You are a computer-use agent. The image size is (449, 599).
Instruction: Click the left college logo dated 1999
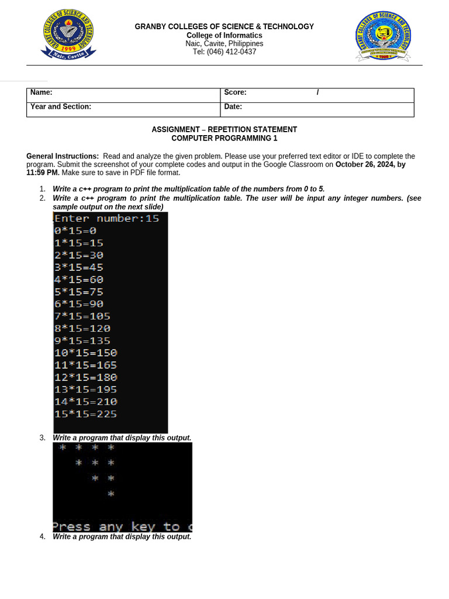[x=68, y=35]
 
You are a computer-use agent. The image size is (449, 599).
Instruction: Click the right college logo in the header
[x=383, y=36]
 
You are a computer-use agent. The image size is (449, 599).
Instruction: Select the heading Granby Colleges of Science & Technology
[x=224, y=26]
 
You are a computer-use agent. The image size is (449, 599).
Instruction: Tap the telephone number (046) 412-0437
[x=224, y=52]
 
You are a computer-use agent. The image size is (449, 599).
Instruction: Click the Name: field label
[x=42, y=92]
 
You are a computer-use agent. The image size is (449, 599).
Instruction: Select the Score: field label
[x=235, y=92]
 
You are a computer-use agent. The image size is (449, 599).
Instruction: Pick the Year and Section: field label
[x=61, y=106]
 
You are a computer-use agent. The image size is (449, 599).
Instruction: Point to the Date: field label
[x=233, y=106]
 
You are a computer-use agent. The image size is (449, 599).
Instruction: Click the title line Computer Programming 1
[x=224, y=138]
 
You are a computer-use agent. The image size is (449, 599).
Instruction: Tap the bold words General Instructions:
[x=63, y=156]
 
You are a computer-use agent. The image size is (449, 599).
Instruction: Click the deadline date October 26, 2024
[x=365, y=164]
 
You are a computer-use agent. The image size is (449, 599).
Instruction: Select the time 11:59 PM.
[x=43, y=173]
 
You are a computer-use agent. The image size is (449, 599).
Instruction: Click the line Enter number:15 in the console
[x=106, y=219]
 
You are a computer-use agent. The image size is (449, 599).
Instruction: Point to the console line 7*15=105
[x=82, y=316]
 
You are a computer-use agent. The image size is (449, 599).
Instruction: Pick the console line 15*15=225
[x=85, y=414]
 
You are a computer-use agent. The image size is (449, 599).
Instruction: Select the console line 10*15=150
[x=85, y=353]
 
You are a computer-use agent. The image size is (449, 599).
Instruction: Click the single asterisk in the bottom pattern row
[x=111, y=494]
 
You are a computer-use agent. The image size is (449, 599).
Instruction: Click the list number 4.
[x=42, y=536]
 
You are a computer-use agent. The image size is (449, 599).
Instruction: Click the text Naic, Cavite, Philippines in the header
[x=224, y=44]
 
